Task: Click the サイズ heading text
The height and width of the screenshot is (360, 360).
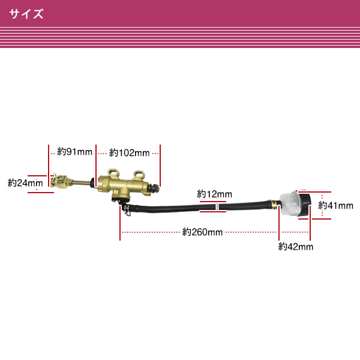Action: (x=26, y=14)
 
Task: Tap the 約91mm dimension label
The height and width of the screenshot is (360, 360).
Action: (x=74, y=152)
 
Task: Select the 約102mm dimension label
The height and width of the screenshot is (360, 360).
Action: (x=129, y=153)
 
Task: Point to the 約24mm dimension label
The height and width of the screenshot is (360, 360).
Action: (x=25, y=183)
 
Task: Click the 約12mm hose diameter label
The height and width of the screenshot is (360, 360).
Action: (x=214, y=194)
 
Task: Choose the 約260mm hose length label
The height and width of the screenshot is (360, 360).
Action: (x=202, y=232)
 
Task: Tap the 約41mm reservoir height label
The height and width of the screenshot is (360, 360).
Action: (x=335, y=205)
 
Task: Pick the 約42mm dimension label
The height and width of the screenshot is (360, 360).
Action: (x=296, y=247)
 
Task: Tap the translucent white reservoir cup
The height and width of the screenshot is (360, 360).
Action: (x=289, y=203)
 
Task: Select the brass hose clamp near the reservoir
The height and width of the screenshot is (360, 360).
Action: (x=274, y=205)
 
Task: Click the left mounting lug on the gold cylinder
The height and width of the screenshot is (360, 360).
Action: (x=113, y=173)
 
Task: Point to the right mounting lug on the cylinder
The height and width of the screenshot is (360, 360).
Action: (x=139, y=175)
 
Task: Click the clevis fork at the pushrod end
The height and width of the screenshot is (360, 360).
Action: (x=59, y=181)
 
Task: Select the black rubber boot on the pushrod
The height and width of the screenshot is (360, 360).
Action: (x=93, y=182)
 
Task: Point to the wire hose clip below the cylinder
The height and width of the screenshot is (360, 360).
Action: (x=126, y=209)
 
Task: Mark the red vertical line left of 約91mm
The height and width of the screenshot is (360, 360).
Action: (x=49, y=166)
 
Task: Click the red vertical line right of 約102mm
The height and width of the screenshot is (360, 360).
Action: (x=160, y=166)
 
